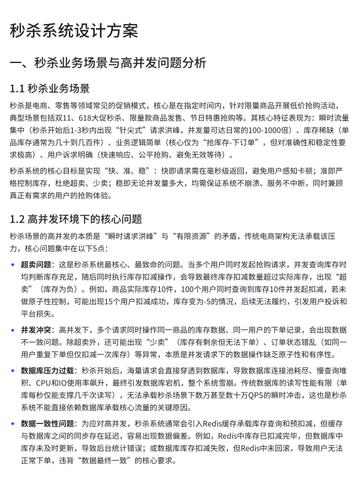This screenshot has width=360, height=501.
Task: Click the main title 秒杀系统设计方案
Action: pos(74,31)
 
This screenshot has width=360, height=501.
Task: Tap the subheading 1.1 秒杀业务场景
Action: pos(50,88)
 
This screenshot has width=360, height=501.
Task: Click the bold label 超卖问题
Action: pos(37,264)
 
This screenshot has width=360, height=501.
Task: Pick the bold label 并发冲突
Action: pos(37,330)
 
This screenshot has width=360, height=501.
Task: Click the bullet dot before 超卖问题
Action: pos(13,264)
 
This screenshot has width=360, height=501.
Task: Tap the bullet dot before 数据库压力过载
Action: pos(13,370)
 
